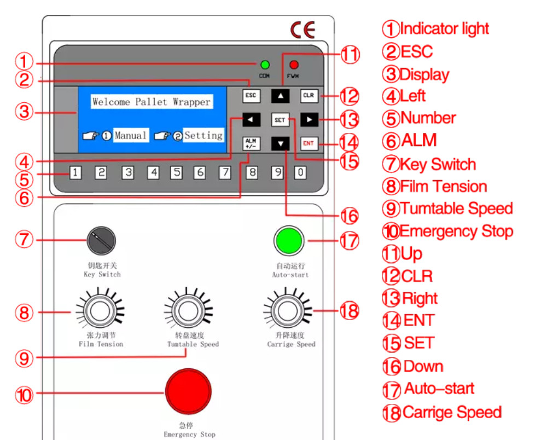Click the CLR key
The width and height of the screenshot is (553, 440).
pyautogui.click(x=308, y=95)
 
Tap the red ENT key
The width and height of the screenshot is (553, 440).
pyautogui.click(x=308, y=143)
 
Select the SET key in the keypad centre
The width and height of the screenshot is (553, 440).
pyautogui.click(x=280, y=119)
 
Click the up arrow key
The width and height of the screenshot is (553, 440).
pyautogui.click(x=280, y=95)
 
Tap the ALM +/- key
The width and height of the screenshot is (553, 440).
pyautogui.click(x=251, y=143)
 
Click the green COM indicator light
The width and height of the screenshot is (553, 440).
pyautogui.click(x=265, y=65)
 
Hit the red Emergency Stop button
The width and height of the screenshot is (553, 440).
pyautogui.click(x=188, y=392)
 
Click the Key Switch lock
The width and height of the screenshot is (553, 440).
pyautogui.click(x=101, y=240)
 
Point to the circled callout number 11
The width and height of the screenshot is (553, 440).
pyautogui.click(x=350, y=55)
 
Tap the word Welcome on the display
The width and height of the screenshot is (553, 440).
pyautogui.click(x=112, y=102)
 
